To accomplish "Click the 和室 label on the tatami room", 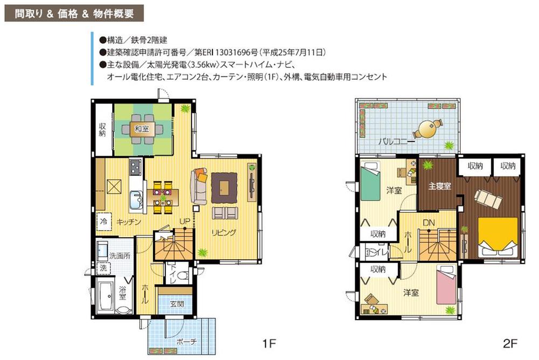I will click(142, 128).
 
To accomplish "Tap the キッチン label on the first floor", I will click(129, 221).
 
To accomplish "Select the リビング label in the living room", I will click(224, 233).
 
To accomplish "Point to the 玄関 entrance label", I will click(176, 304).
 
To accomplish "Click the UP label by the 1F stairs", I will click(183, 221).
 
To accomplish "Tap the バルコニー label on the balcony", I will click(396, 142).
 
